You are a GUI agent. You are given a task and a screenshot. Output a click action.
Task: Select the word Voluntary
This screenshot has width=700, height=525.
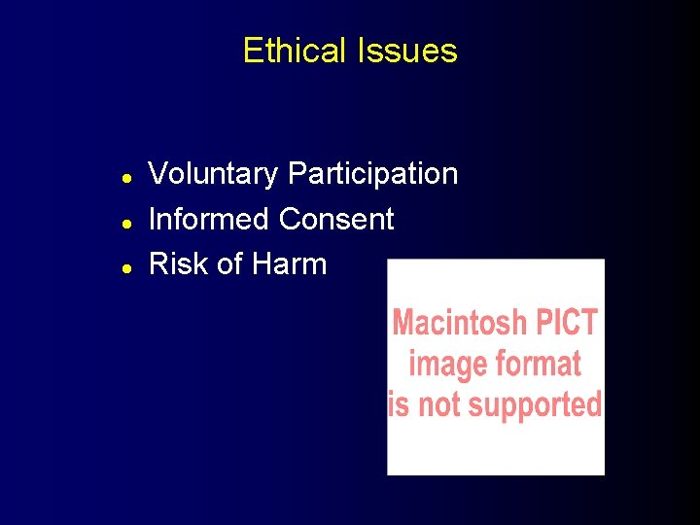(x=213, y=175)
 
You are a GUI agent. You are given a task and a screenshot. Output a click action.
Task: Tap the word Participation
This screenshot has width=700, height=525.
(x=373, y=175)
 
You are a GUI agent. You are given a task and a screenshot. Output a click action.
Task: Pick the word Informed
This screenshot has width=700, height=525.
(x=209, y=219)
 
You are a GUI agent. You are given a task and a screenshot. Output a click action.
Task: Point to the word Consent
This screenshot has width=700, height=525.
(x=336, y=219)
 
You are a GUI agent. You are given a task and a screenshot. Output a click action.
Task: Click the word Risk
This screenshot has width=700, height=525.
(x=175, y=263)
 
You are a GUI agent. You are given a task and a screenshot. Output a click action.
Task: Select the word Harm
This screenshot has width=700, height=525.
(x=289, y=263)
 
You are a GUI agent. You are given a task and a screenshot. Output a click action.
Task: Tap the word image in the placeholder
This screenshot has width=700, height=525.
(x=446, y=365)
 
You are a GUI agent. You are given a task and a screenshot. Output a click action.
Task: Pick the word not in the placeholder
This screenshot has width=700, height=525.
(x=446, y=403)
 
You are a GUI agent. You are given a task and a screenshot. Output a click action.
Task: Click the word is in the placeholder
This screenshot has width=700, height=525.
(x=399, y=403)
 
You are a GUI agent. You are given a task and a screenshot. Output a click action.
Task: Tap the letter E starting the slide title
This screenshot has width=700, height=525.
(x=252, y=51)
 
